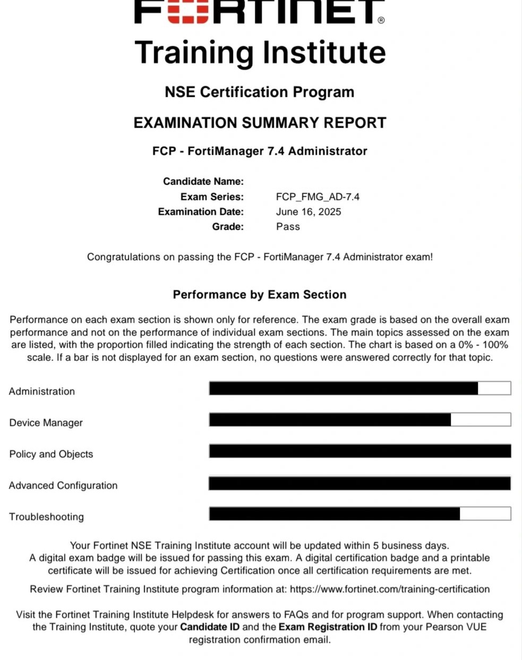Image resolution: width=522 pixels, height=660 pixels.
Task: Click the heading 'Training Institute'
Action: tap(260, 52)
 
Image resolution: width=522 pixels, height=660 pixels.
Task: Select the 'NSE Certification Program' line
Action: tap(259, 92)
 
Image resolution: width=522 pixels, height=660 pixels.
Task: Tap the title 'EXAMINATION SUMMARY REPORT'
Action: tap(260, 123)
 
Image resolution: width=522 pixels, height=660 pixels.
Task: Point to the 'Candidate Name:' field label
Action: tap(203, 181)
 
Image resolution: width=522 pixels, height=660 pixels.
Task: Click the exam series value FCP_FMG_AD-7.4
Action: tap(318, 197)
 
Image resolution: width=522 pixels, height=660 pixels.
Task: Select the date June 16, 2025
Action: tap(309, 211)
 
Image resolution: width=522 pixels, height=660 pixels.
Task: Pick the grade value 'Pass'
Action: tap(288, 226)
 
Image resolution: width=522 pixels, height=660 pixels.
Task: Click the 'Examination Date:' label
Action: tap(201, 211)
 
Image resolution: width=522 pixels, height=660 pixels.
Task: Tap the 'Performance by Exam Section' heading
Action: tap(260, 294)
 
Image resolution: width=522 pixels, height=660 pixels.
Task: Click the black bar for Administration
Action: tap(343, 388)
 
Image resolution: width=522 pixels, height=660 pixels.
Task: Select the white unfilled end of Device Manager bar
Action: tap(481, 420)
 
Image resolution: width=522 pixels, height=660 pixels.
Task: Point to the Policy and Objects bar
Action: tap(360, 451)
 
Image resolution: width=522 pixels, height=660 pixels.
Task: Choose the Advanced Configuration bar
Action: tap(360, 483)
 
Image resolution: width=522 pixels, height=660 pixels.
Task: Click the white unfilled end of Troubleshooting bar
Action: tap(485, 514)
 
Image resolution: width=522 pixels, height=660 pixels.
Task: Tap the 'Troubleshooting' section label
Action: tap(46, 517)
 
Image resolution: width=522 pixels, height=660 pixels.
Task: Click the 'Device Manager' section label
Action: tap(46, 422)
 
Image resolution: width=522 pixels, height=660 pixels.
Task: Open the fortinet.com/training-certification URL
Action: tap(390, 589)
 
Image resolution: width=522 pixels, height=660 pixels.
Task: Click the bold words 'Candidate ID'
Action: tap(210, 627)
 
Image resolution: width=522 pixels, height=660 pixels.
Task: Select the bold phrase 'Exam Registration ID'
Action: tap(328, 627)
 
